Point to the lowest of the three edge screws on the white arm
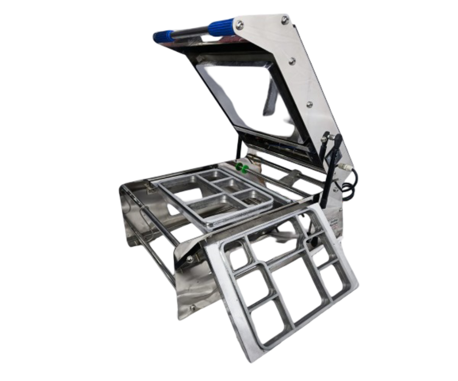coord(310,103)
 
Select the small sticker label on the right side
coord(335,224)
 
